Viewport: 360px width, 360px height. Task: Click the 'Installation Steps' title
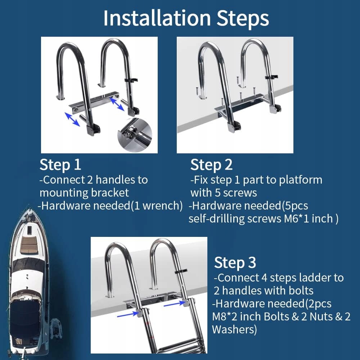(x=186, y=18)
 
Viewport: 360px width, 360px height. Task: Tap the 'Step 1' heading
(x=60, y=165)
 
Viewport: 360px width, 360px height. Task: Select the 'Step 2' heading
(x=211, y=165)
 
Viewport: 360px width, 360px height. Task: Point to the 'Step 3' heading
(x=235, y=263)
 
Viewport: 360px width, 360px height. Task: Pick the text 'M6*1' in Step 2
(x=296, y=219)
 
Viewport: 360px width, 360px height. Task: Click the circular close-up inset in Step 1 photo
(x=135, y=135)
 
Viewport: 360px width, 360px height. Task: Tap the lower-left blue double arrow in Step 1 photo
(x=72, y=120)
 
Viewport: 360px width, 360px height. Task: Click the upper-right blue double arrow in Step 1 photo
(x=117, y=104)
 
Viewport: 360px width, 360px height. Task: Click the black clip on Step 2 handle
(x=271, y=77)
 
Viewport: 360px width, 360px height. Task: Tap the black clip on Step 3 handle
(x=181, y=271)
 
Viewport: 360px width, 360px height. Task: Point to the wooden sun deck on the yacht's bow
(x=29, y=244)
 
